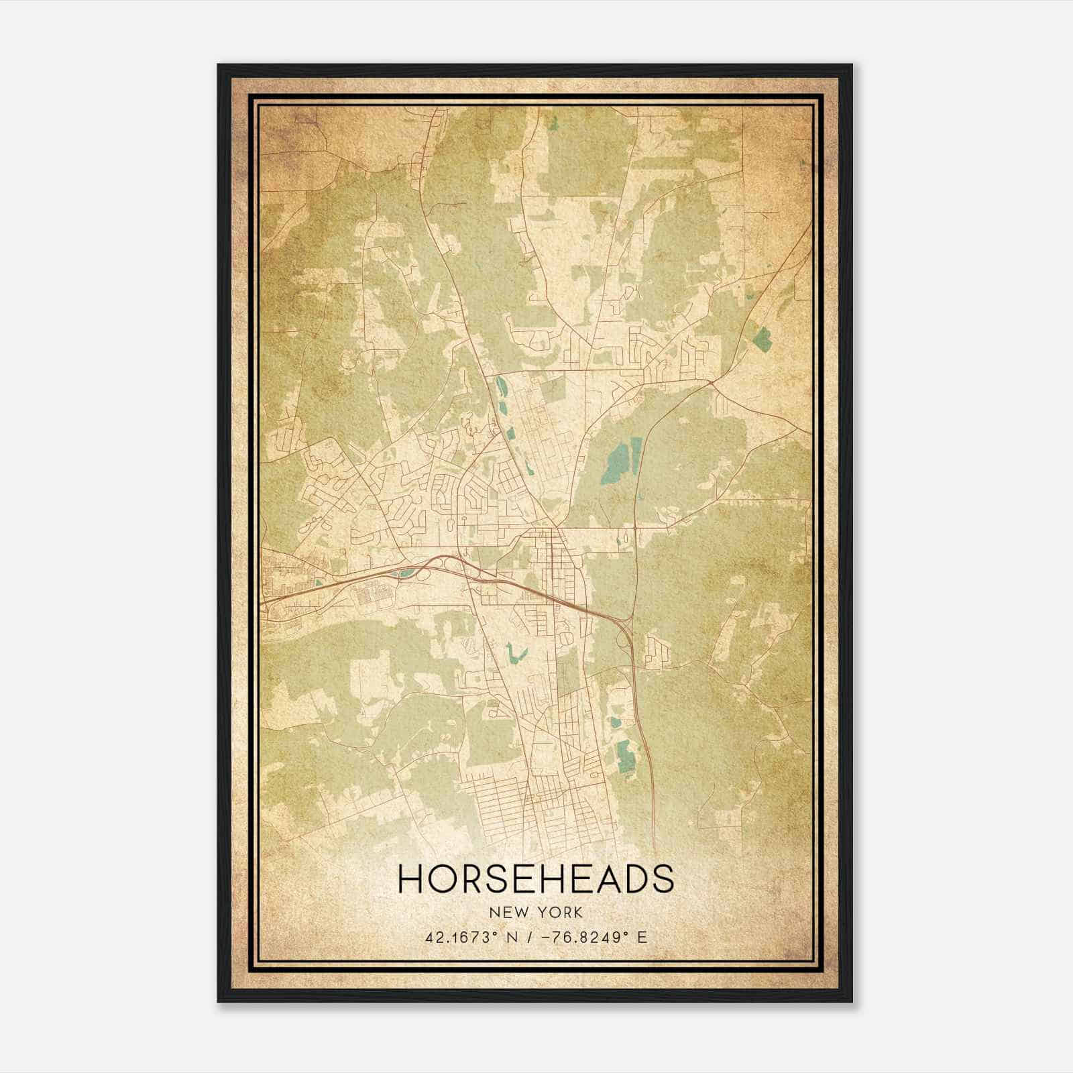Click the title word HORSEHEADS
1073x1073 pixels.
point(536,879)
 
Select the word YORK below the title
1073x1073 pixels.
point(559,913)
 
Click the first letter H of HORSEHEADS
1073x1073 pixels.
point(410,879)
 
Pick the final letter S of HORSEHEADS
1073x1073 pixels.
point(663,879)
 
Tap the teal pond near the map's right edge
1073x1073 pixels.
point(763,338)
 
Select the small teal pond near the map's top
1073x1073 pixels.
point(553,123)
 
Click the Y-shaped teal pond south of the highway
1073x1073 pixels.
point(514,653)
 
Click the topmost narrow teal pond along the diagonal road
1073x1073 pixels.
point(500,387)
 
